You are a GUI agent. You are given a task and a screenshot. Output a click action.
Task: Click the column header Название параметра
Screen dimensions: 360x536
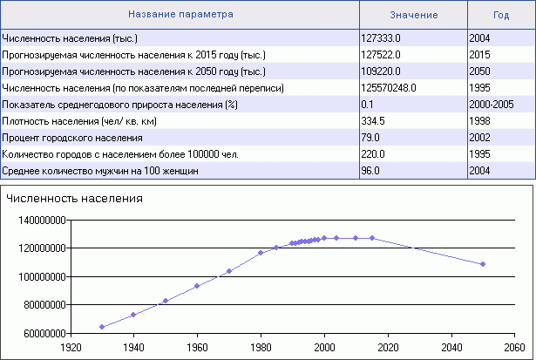pos(180,15)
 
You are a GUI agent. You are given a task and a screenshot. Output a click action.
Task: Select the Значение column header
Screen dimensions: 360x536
pos(413,15)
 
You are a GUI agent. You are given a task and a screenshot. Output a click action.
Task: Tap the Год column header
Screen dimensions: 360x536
pos(500,15)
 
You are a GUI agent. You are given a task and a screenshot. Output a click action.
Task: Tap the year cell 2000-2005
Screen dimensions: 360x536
pos(490,105)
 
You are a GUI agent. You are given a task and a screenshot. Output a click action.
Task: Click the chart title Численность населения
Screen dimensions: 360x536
pos(74,199)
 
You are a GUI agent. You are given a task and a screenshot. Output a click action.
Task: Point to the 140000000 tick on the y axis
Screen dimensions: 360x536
pos(42,221)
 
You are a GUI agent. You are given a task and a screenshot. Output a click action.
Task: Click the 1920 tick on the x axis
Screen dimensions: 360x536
pos(71,344)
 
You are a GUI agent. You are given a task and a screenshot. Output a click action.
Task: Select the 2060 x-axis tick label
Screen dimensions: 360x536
pos(514,344)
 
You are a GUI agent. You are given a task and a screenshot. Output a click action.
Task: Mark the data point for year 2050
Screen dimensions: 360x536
pos(483,264)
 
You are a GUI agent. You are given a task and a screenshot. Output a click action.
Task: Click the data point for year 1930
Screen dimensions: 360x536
pos(102,327)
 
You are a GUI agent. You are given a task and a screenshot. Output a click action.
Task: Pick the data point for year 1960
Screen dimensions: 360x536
pos(197,286)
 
